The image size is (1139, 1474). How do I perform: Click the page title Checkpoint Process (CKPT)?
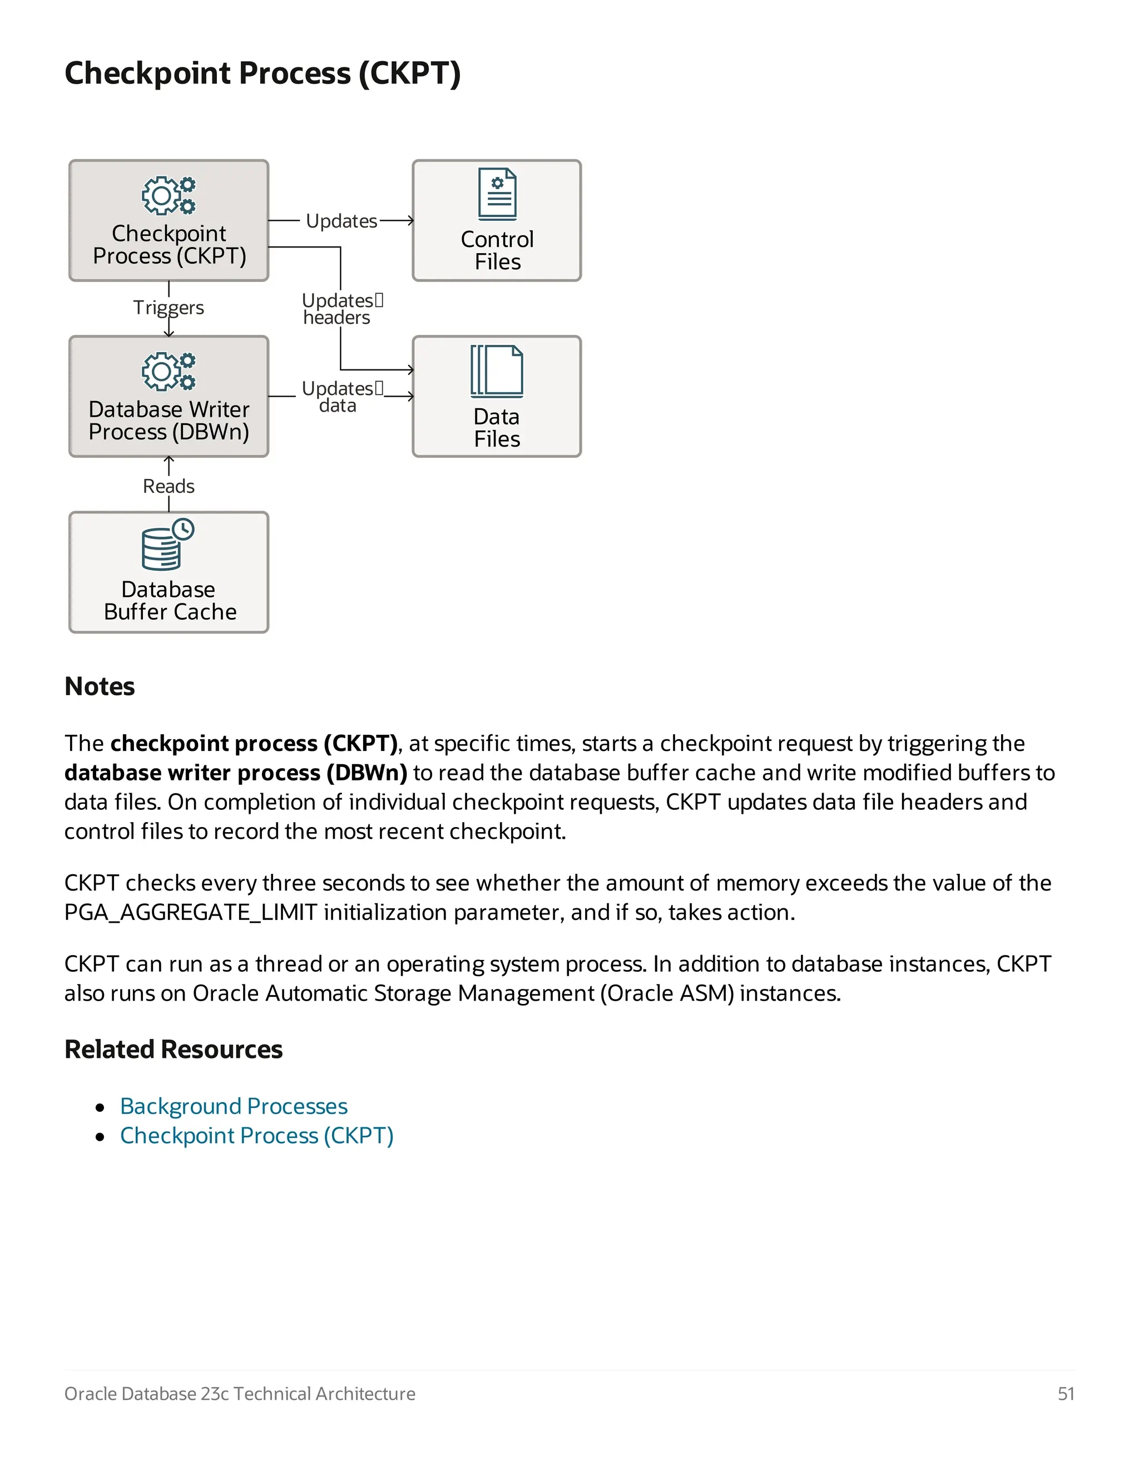[x=262, y=73]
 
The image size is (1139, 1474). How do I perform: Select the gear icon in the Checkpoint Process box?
[x=169, y=195]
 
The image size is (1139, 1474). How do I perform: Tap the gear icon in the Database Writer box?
[x=169, y=371]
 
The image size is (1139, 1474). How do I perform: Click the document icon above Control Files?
[x=497, y=194]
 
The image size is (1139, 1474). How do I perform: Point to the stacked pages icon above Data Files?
[x=497, y=370]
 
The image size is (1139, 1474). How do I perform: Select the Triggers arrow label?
[x=168, y=308]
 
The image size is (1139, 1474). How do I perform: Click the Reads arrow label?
[x=168, y=486]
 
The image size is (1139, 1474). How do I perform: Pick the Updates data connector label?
[x=340, y=397]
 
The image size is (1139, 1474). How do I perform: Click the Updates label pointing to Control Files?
[x=341, y=221]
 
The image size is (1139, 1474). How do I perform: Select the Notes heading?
[x=99, y=686]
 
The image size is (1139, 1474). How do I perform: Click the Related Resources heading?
[x=173, y=1050]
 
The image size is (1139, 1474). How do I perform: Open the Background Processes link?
[x=234, y=1106]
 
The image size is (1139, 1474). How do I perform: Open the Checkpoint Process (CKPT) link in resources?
[x=256, y=1136]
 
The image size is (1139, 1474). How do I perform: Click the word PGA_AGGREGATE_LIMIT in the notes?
[x=190, y=912]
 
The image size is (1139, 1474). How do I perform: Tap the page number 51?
[x=1066, y=1394]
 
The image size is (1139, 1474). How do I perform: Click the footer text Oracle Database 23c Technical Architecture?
[x=240, y=1394]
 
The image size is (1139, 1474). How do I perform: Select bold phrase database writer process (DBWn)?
[x=235, y=773]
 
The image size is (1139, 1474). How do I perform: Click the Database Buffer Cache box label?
[x=170, y=601]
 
